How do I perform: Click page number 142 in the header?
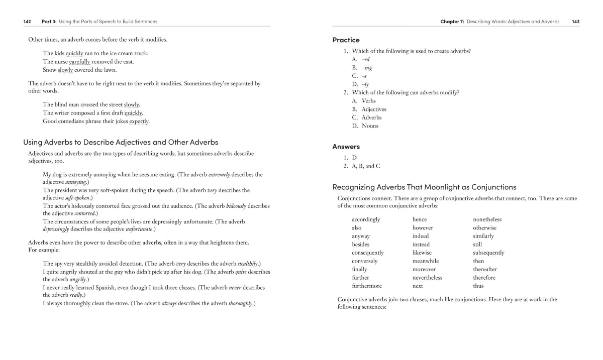pyautogui.click(x=27, y=22)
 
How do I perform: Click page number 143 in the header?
pyautogui.click(x=575, y=22)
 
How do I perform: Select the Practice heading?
pyautogui.click(x=346, y=40)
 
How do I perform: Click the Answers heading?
pyautogui.click(x=346, y=147)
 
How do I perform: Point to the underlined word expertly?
pyautogui.click(x=139, y=121)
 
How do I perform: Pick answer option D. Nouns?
pyautogui.click(x=365, y=126)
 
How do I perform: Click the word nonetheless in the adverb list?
pyautogui.click(x=487, y=219)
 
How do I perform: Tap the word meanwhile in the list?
pyautogui.click(x=425, y=261)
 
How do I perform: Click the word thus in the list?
pyautogui.click(x=478, y=286)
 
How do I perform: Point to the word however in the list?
pyautogui.click(x=423, y=227)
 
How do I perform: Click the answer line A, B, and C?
pyautogui.click(x=366, y=166)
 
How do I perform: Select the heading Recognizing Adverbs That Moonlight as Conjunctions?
pyautogui.click(x=424, y=187)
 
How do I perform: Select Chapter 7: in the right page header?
pyautogui.click(x=452, y=22)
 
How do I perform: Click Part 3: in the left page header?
pyautogui.click(x=49, y=22)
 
